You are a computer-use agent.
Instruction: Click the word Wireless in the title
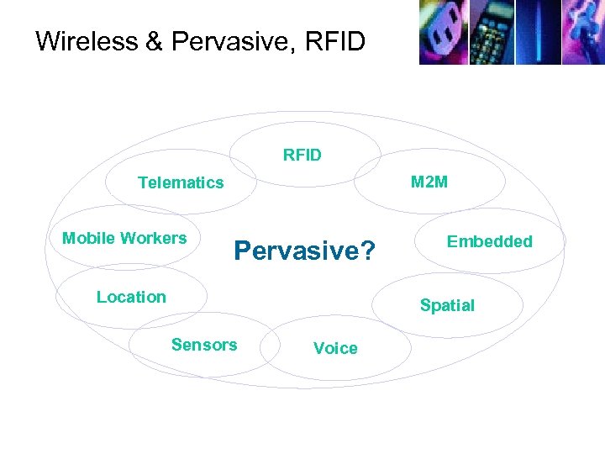pos(87,41)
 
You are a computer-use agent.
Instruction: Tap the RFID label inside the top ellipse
pos(302,155)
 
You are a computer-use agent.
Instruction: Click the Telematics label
pos(181,182)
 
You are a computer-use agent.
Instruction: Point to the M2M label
pos(429,182)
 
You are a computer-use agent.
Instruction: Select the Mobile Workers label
pos(124,238)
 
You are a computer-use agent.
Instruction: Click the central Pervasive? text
pos(304,251)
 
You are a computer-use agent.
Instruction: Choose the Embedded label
pos(489,241)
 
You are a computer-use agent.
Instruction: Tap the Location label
pos(131,297)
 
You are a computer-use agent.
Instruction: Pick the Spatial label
pos(447,305)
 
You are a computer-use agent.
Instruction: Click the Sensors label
pos(204,344)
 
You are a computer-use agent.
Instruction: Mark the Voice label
pos(335,348)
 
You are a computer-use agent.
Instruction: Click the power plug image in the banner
pos(443,32)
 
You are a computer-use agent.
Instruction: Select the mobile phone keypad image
pos(490,32)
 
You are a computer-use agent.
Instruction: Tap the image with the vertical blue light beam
pos(537,32)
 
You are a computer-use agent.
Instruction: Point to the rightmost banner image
pos(582,32)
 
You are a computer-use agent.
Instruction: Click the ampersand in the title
pos(155,41)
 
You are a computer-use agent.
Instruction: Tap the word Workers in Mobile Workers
pos(157,238)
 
